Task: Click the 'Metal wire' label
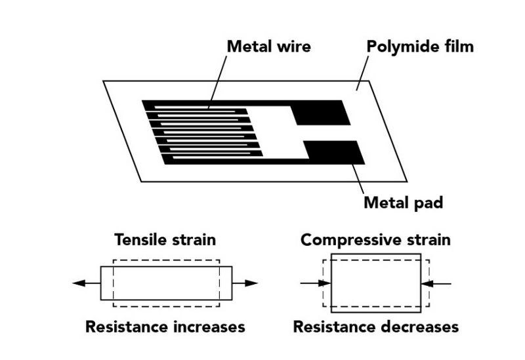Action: (268, 47)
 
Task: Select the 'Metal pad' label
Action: (404, 202)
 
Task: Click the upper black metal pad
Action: (320, 112)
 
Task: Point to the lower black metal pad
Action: (335, 153)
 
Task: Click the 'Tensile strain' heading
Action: (165, 239)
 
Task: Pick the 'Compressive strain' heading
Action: (375, 239)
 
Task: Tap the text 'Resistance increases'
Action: (165, 326)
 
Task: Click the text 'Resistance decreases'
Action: (375, 326)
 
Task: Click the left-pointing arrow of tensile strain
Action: (86, 283)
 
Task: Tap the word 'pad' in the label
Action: (427, 202)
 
